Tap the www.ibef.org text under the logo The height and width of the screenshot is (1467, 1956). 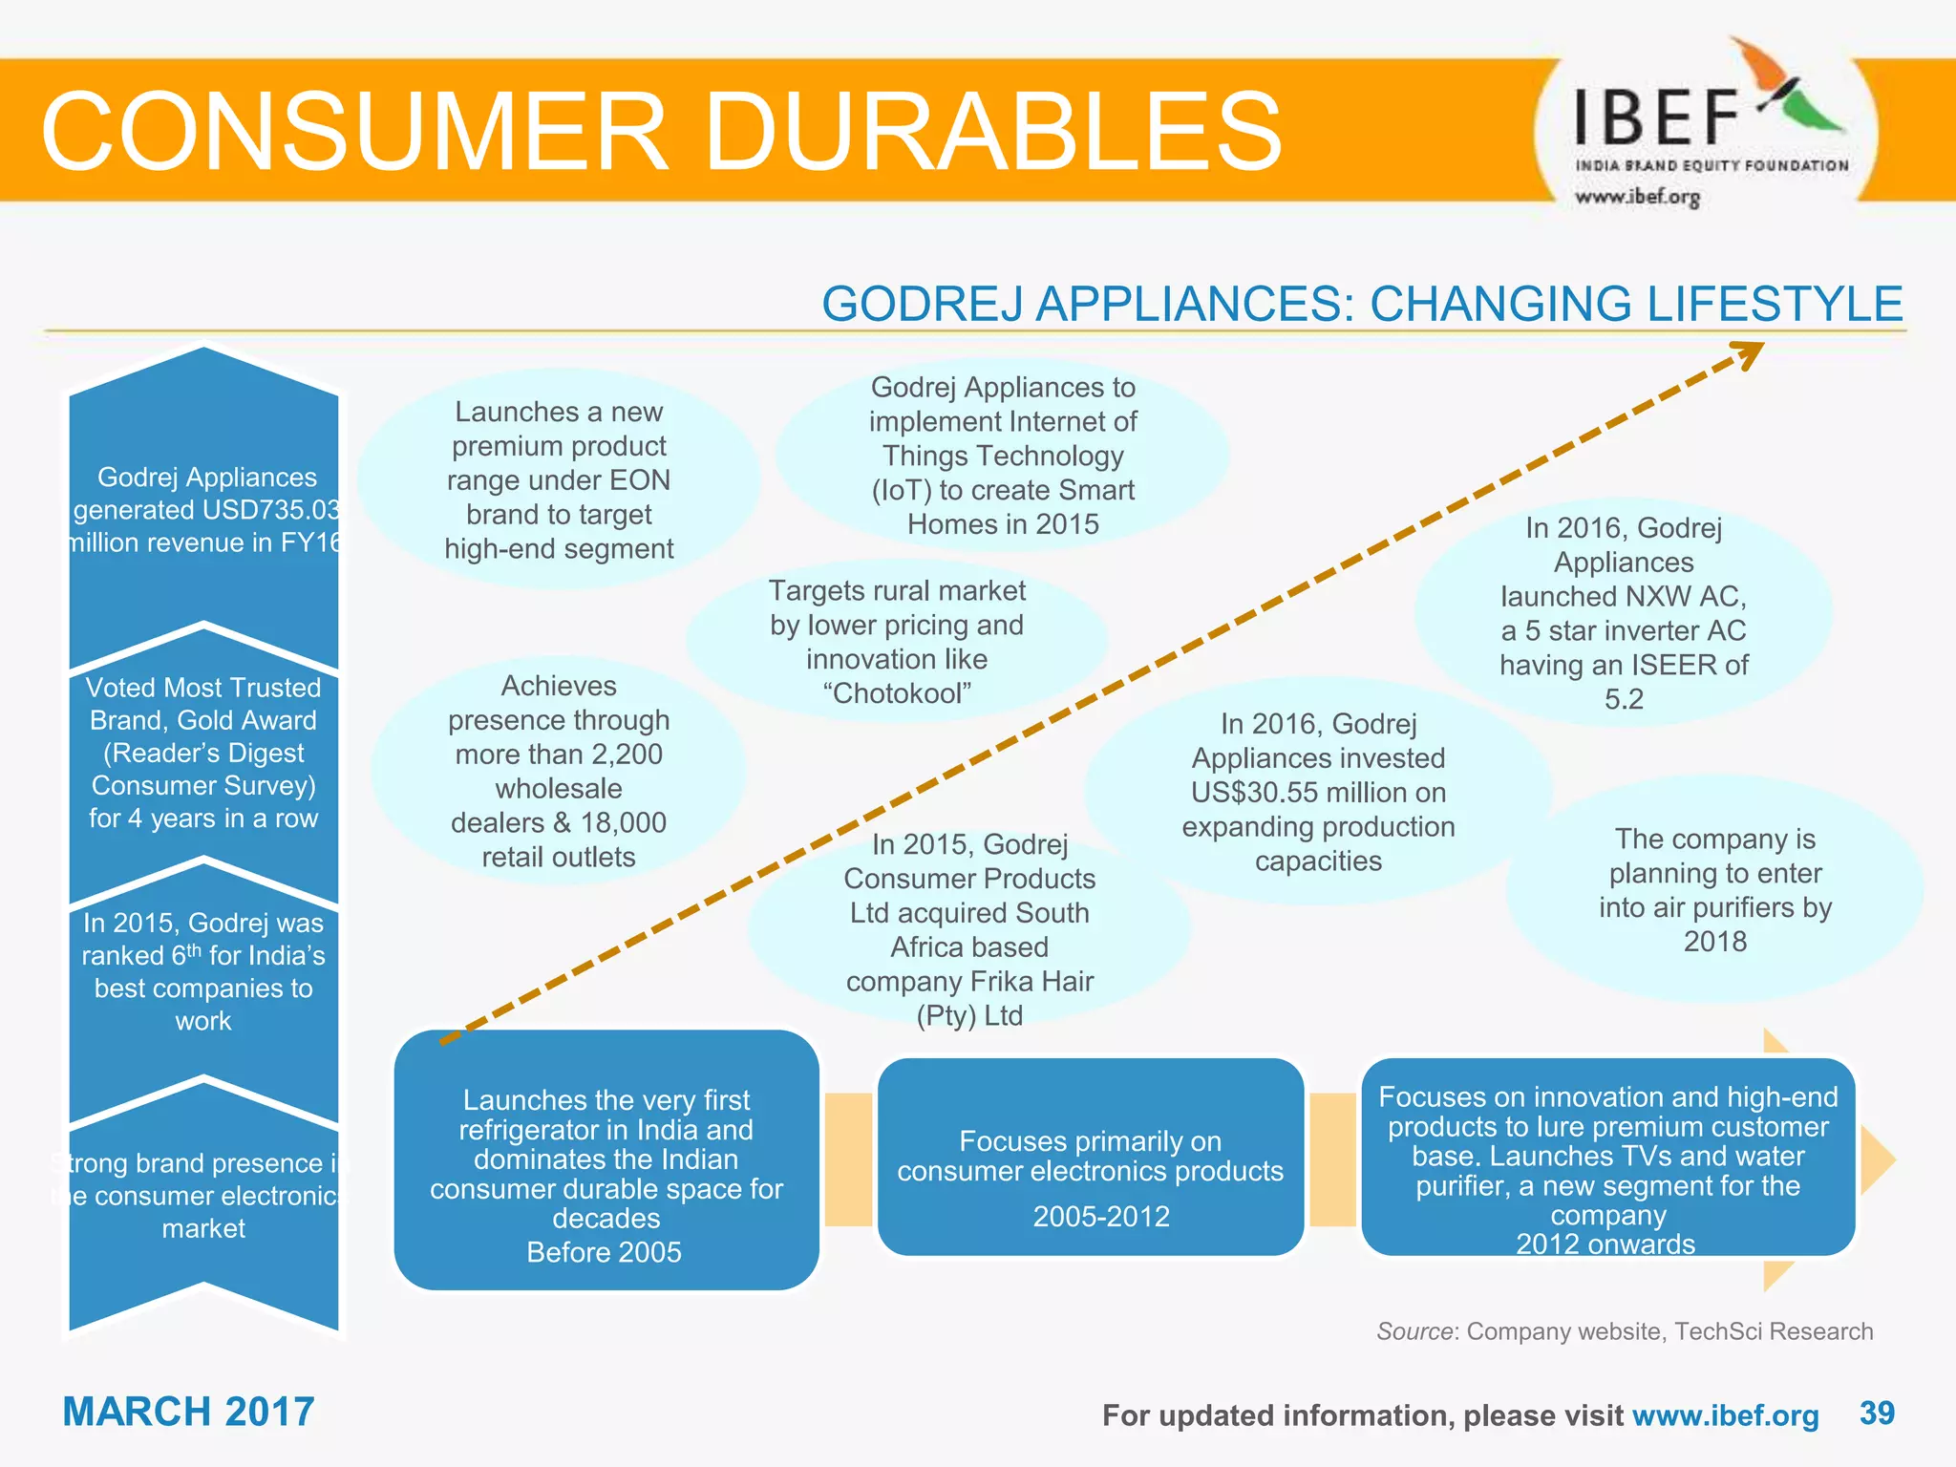pos(1637,197)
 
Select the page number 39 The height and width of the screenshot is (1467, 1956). pos(1877,1413)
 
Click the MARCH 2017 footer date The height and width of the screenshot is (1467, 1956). pos(188,1412)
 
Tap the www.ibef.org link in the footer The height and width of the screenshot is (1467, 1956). pos(1725,1415)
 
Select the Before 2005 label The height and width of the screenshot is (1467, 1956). pos(604,1252)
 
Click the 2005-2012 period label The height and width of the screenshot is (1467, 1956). pos(1100,1216)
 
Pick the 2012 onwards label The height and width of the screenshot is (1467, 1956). pos(1605,1244)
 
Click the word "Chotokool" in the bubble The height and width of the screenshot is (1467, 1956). pos(897,693)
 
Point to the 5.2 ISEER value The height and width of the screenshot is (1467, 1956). pos(1624,699)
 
